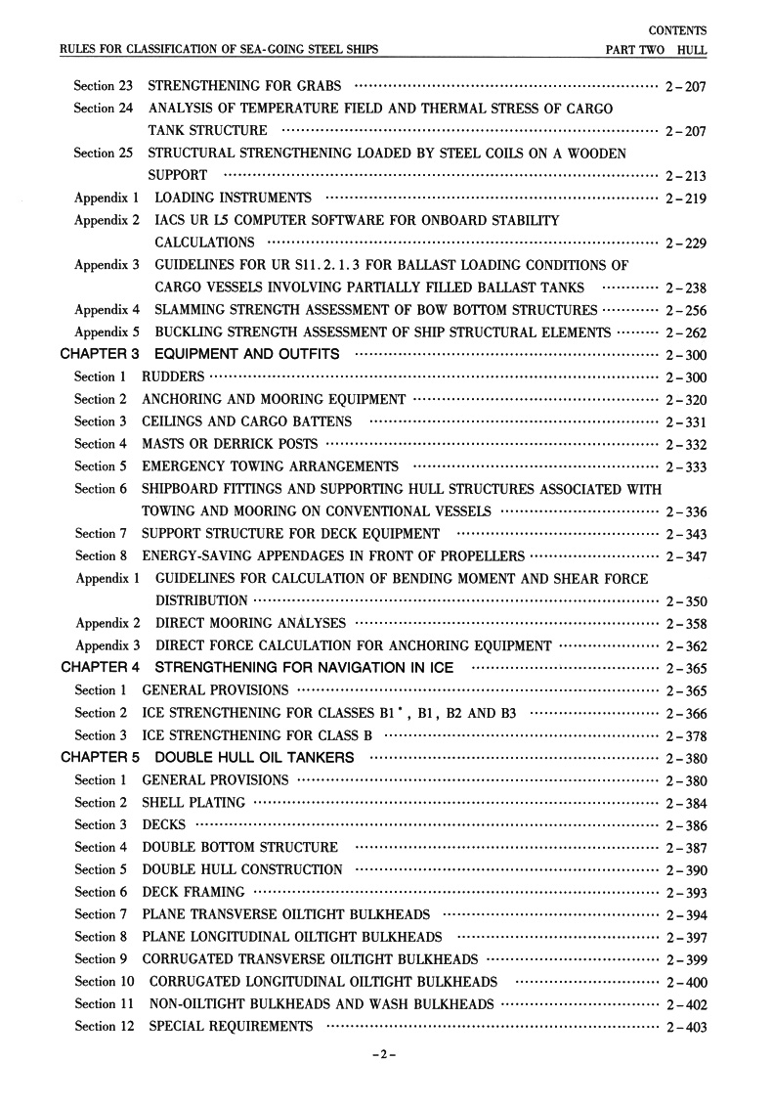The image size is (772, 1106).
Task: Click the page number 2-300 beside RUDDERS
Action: click(x=685, y=377)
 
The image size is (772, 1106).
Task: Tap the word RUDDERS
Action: click(x=174, y=376)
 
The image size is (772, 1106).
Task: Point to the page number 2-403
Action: click(x=685, y=1027)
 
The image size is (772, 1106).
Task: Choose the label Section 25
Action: click(x=103, y=154)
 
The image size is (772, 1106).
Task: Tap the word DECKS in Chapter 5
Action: click(x=163, y=824)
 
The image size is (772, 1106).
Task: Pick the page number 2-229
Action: click(x=685, y=243)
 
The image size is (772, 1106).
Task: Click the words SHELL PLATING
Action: click(x=193, y=803)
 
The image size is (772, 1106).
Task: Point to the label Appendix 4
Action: click(x=107, y=310)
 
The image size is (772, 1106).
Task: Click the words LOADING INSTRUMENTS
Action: click(x=234, y=199)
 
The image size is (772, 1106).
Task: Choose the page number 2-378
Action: click(x=685, y=736)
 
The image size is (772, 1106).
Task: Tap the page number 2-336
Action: click(x=685, y=512)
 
